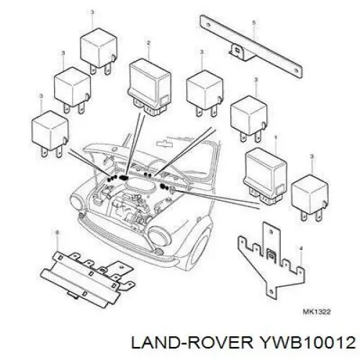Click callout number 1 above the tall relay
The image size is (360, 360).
pos(276,138)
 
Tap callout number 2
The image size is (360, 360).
pos(148,43)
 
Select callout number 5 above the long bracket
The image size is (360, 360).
pos(253,23)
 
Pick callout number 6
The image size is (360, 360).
pos(57,233)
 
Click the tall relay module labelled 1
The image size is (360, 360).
pos(265,176)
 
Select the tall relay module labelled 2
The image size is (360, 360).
pos(150,87)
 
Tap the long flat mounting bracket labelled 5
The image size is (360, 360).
pos(251,47)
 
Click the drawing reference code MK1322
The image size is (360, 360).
pos(317,312)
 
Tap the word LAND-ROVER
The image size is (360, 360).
pos(192,342)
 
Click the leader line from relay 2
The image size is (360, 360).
pos(135,145)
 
